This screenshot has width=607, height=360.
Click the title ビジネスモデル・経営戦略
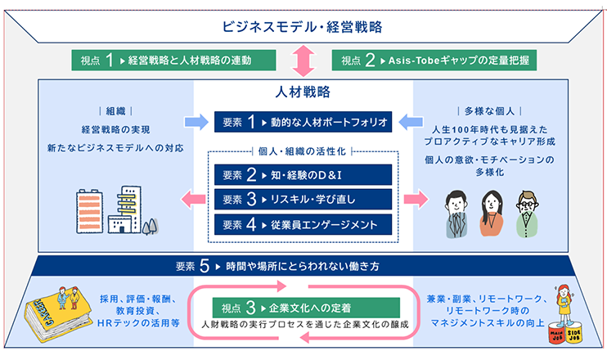303,25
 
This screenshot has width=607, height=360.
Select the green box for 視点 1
168,60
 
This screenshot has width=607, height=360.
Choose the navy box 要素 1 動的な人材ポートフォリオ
303,122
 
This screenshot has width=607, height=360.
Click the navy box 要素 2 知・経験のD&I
303,174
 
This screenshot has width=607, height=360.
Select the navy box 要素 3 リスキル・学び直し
303,199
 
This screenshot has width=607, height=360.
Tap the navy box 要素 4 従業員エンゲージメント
303,223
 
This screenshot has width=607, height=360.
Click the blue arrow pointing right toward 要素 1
196,122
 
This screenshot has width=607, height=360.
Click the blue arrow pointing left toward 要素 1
410,122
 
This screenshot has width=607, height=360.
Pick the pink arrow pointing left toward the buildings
194,199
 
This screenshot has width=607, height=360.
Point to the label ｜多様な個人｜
489,110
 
